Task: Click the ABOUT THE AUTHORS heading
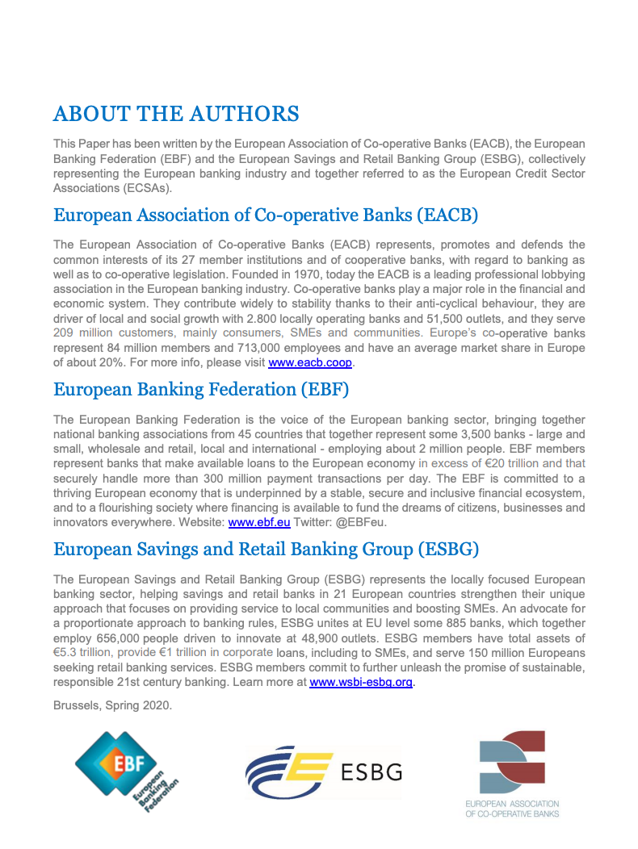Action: (175, 114)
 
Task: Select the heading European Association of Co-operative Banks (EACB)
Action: (266, 215)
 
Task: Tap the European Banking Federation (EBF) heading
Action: (201, 390)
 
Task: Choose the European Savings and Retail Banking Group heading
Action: (266, 550)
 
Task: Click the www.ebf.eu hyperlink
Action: (254, 522)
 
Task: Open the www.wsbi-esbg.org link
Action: (362, 682)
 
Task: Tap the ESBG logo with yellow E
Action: (323, 772)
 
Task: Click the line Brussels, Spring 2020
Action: (112, 705)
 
